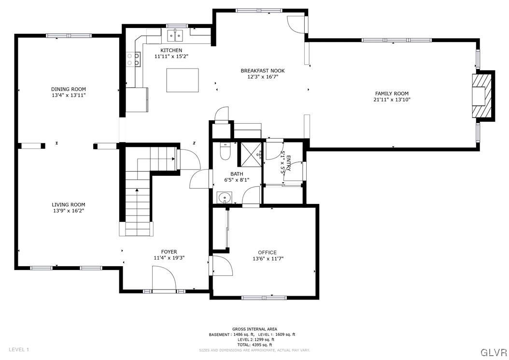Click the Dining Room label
coord(69,89)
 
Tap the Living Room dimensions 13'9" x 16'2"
coord(69,211)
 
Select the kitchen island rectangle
coord(183,80)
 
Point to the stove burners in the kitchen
coord(133,59)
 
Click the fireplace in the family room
coord(483,95)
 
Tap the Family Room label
coord(392,94)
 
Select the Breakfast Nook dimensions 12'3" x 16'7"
coord(263,77)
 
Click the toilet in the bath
coord(225,152)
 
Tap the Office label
coord(267,252)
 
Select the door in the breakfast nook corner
coord(296,24)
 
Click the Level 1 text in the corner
coord(19,349)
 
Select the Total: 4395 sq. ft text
coord(254,345)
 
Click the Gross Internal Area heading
coord(254,329)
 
